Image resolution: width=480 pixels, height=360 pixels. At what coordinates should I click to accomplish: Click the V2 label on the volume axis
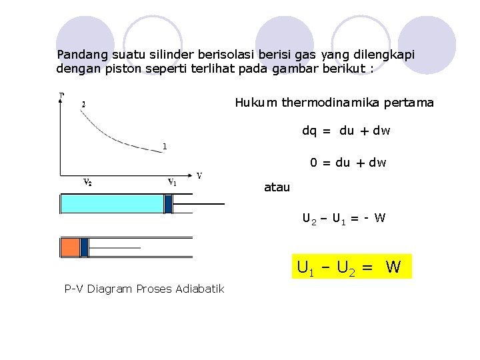coord(87,181)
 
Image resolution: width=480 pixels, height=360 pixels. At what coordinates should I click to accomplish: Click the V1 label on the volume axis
coord(171,181)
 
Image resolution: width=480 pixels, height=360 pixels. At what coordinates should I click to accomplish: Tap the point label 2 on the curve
coord(83,104)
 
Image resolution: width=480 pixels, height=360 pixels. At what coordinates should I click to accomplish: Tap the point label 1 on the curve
coord(165,146)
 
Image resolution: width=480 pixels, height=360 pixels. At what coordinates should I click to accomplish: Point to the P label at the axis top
coord(62,95)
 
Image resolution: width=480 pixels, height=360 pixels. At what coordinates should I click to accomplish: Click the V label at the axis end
coord(199,176)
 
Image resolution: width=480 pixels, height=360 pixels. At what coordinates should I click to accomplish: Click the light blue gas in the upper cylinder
coord(111,203)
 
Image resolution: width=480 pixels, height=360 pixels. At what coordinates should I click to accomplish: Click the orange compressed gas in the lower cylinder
coord(70,247)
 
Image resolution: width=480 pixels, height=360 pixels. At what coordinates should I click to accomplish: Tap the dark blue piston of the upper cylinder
coord(168,203)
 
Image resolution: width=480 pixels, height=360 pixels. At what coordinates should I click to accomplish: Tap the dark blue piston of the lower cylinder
coord(85,247)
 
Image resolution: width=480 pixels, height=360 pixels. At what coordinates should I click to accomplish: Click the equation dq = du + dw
coord(346,131)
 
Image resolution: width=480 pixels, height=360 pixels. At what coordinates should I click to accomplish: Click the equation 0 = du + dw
coord(347,163)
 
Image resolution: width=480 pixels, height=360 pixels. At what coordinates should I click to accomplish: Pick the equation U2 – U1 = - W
coord(343,218)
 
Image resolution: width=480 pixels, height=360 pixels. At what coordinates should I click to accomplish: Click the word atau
coord(277,187)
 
